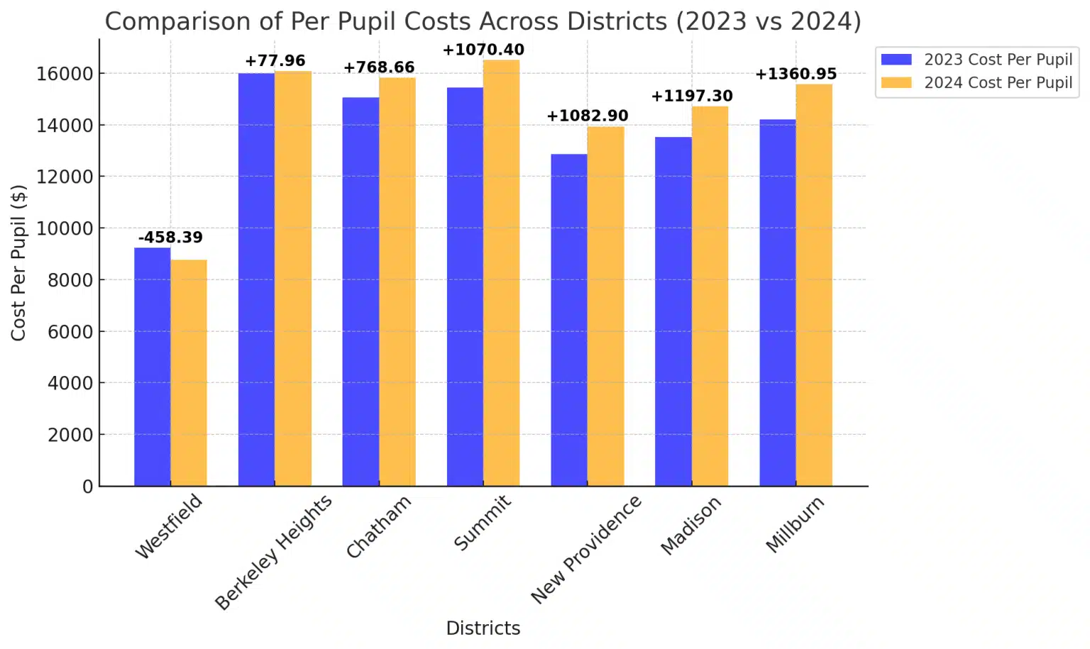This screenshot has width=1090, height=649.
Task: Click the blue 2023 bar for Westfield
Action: pos(152,367)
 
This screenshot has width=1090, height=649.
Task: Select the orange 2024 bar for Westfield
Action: pos(189,372)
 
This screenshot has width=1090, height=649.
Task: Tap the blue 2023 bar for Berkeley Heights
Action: pos(256,279)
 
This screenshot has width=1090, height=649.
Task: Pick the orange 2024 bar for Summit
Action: pos(501,273)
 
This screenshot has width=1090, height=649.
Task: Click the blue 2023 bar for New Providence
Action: pos(569,320)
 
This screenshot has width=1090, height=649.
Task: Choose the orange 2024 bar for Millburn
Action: pos(814,285)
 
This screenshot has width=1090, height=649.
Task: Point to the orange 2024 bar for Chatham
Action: pos(397,282)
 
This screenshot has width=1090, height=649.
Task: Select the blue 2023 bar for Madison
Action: pos(673,311)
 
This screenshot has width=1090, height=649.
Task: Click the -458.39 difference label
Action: pos(170,238)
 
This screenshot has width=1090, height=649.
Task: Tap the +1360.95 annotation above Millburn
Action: pos(796,74)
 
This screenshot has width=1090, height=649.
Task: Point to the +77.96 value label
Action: pos(275,61)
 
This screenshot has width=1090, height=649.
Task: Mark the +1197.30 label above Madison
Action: pos(692,96)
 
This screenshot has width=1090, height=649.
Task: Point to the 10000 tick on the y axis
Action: pos(65,228)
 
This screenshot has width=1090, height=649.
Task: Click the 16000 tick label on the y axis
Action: pos(65,74)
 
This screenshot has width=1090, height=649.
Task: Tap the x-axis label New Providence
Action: pos(587,549)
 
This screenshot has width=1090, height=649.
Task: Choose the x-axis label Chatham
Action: pos(379,526)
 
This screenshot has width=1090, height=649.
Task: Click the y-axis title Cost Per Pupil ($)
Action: pos(18,262)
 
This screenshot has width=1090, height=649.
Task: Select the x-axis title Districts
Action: pos(483,628)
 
